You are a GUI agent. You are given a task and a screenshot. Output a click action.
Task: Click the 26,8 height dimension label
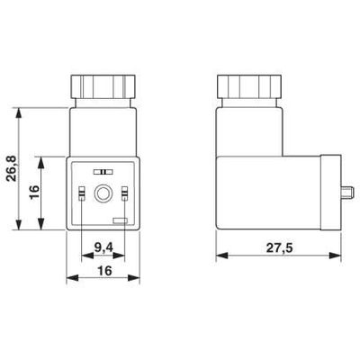click(x=10, y=169)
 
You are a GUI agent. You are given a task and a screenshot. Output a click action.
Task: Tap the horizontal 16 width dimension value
click(x=103, y=272)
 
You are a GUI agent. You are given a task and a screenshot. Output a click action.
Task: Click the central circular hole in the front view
click(x=103, y=193)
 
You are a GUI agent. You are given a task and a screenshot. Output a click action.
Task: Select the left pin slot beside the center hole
click(x=83, y=193)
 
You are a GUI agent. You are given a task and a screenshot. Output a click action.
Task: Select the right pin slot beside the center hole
click(x=125, y=193)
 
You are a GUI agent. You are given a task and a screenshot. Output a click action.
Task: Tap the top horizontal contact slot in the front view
click(x=103, y=170)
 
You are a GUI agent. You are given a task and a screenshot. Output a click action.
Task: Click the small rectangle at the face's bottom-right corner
click(x=120, y=220)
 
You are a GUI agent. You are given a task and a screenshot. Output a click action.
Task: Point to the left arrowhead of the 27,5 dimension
click(x=221, y=257)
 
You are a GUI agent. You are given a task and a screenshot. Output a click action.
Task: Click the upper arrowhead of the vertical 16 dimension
click(x=40, y=159)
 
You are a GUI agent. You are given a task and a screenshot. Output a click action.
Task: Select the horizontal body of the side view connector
click(x=270, y=193)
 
